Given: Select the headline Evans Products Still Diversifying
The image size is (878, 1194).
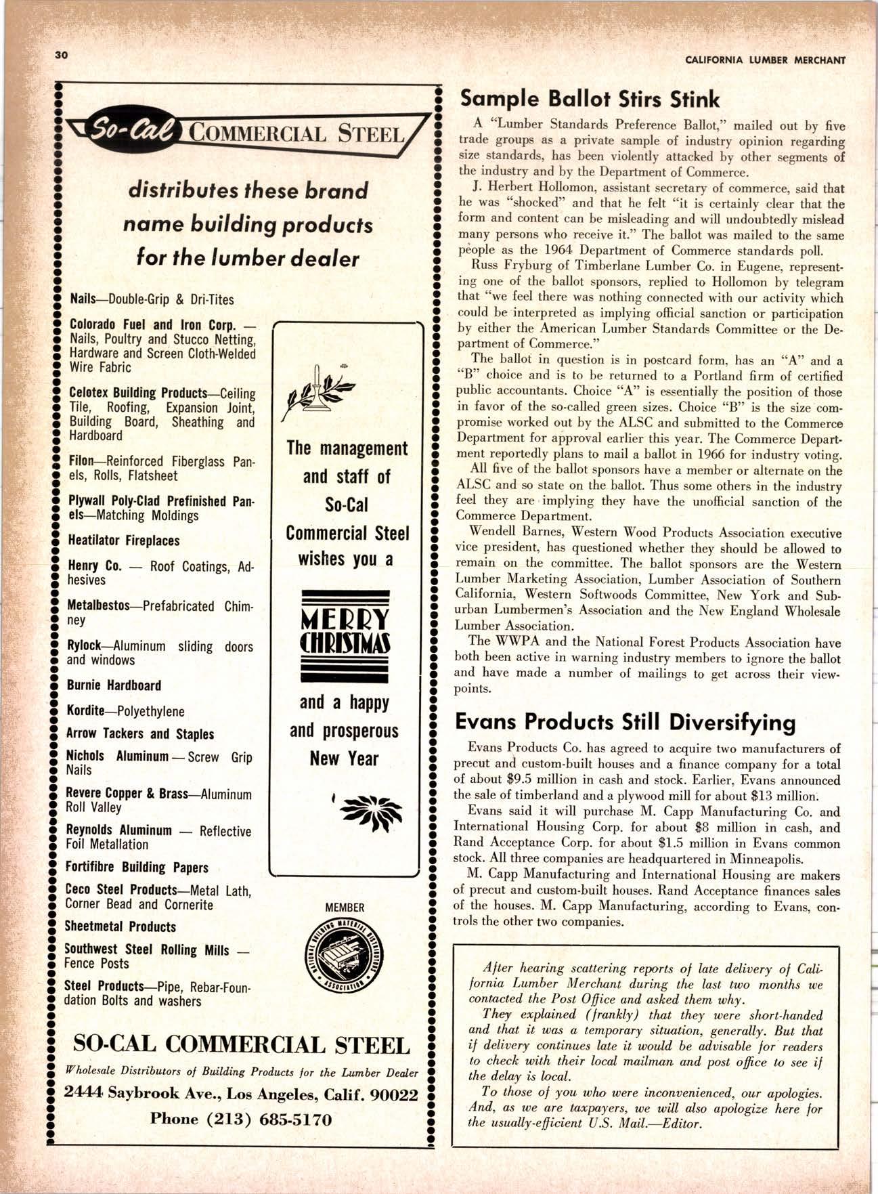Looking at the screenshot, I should coord(624,722).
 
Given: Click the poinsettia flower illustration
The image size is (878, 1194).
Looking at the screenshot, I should coord(372,809).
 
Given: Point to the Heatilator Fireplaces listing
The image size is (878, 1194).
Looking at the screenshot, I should coord(123,540).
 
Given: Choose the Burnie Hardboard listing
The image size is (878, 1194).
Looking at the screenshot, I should coord(114,685).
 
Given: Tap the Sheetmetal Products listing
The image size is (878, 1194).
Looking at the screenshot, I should coord(120,926).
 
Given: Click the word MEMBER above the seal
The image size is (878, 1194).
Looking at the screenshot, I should coord(345,908).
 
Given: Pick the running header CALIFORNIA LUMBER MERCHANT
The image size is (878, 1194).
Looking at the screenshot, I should coord(765,60).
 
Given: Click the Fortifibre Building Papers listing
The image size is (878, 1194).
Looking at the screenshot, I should coord(136,868).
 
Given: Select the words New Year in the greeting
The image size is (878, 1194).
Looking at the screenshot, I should coord(344,759).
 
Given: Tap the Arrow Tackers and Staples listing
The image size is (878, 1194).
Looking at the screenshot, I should coord(139,734).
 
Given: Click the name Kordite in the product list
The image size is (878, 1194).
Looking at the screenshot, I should coord(85,711).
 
